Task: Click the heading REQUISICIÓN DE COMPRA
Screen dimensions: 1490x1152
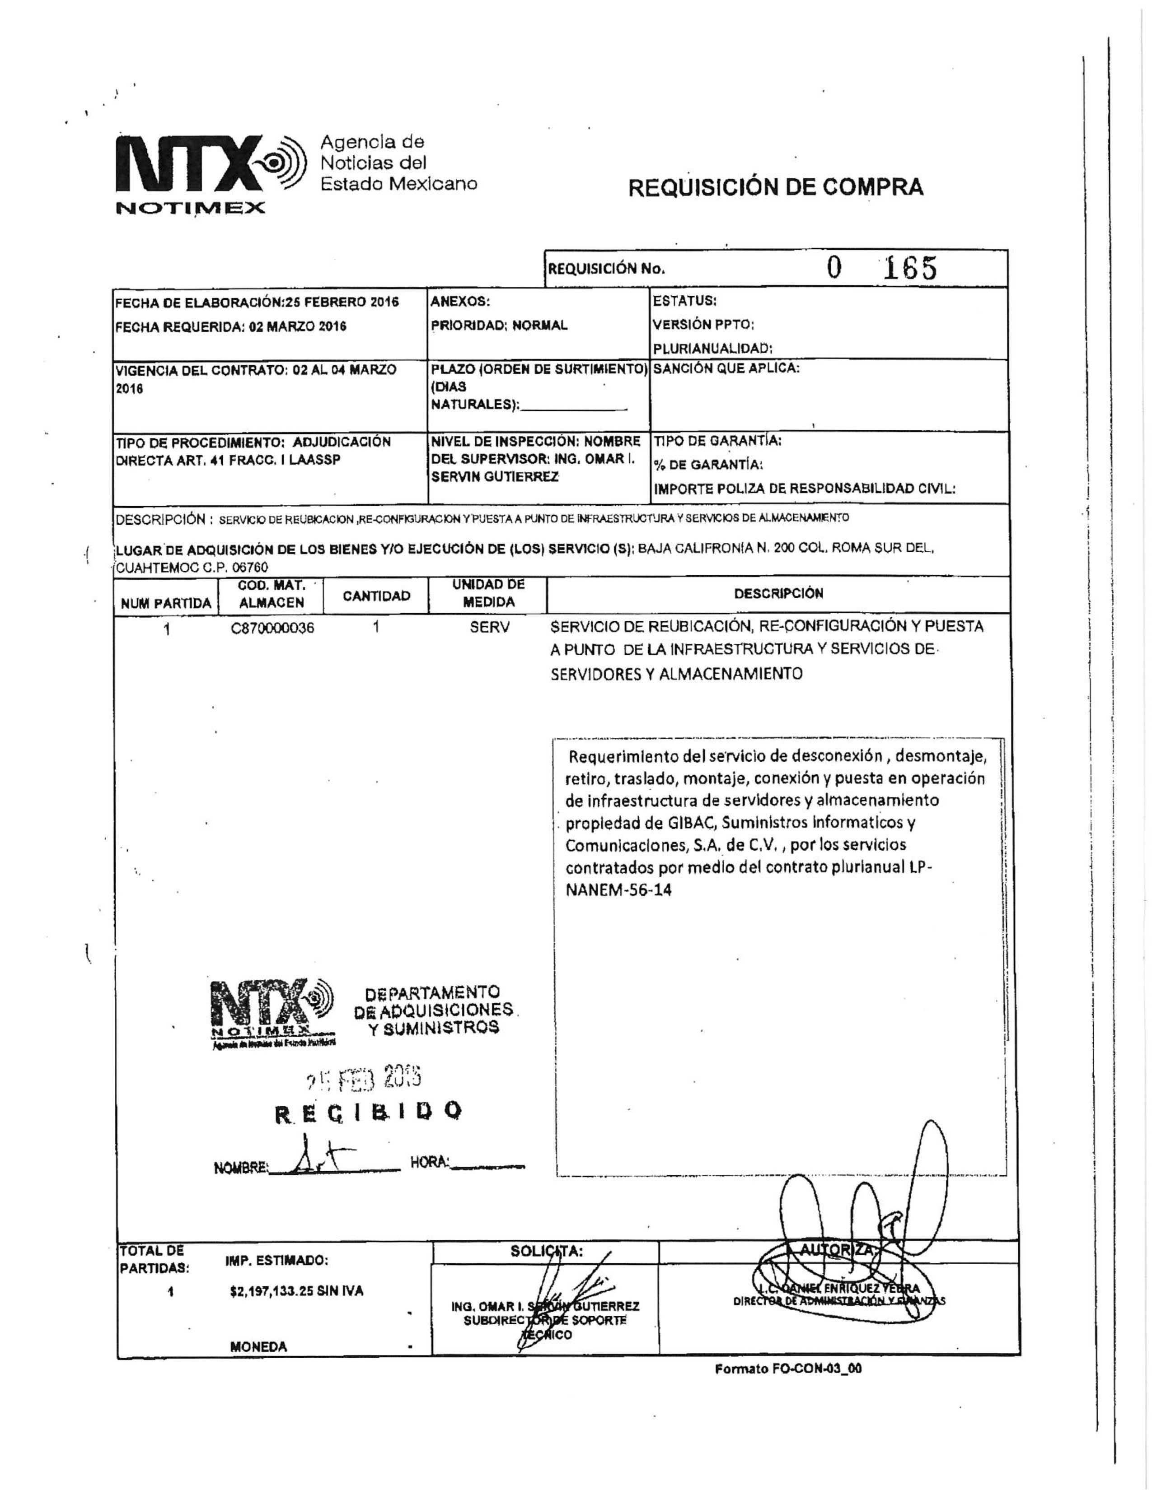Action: pos(775,188)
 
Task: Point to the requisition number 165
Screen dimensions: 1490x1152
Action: pos(910,269)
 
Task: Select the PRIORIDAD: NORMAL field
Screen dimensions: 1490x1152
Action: pos(499,326)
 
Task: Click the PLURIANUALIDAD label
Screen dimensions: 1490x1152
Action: pos(712,349)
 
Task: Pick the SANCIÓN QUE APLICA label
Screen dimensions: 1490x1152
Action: pos(726,368)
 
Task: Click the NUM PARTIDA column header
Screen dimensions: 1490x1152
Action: pos(166,603)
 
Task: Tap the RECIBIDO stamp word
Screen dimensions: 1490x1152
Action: pos(369,1112)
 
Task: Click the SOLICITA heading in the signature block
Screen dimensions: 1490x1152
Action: pos(546,1251)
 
